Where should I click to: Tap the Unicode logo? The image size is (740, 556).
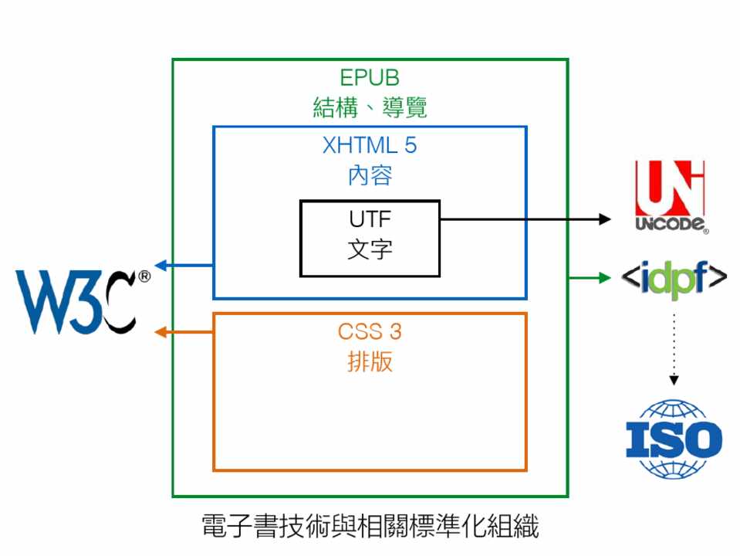(x=670, y=196)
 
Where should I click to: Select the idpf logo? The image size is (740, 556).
(x=674, y=276)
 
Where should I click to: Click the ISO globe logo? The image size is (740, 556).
(x=674, y=439)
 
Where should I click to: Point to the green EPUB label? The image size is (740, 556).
(x=370, y=78)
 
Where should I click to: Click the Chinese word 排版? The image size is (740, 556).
(x=370, y=362)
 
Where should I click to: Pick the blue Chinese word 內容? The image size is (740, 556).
(x=370, y=175)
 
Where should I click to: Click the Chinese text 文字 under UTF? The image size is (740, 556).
(x=370, y=249)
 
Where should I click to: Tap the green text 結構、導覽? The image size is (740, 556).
(x=370, y=107)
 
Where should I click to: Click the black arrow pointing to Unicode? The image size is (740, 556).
(x=525, y=219)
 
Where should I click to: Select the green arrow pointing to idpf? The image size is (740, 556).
(x=591, y=276)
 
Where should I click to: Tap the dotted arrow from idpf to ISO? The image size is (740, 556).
(x=674, y=344)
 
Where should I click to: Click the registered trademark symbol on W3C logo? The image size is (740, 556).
(x=144, y=276)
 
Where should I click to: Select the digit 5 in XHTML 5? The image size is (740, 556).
(x=410, y=145)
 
